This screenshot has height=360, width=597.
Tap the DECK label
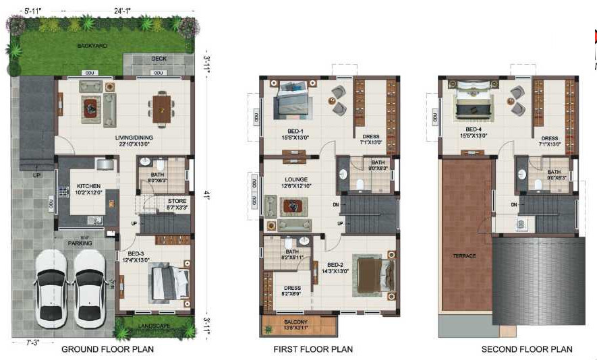pos(159,59)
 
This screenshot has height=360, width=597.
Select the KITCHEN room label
pos(88,185)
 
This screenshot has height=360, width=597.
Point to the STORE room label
pos(177,200)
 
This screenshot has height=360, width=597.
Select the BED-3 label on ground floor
pos(135,255)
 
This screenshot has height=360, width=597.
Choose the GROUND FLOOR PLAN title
pos(107,349)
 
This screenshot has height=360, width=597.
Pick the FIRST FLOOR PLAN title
pos(313,349)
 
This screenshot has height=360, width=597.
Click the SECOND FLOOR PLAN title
pos(526,349)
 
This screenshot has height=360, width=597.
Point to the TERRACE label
pos(464,256)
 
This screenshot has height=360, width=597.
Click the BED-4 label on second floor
pos(474,129)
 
